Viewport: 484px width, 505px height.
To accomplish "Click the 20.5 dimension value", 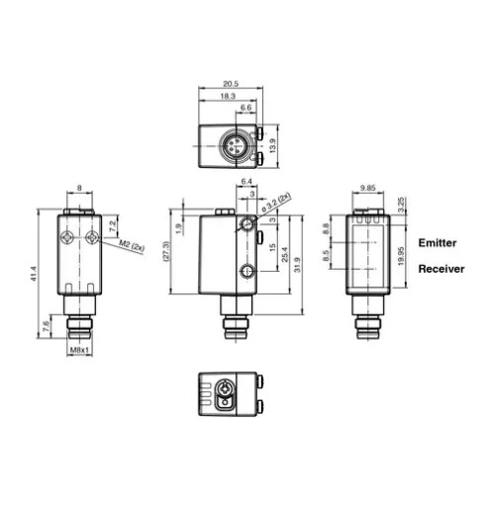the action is click(231, 84).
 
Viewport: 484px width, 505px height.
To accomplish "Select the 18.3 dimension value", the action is click(228, 96).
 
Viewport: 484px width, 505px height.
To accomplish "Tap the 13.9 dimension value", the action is click(272, 145).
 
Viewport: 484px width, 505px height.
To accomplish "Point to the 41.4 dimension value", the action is click(34, 274).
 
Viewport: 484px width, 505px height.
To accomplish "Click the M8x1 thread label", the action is click(79, 350).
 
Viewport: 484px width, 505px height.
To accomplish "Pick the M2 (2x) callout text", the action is click(132, 246).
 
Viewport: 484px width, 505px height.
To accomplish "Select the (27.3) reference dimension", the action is click(166, 252).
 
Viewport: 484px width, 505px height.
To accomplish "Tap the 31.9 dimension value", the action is click(298, 265).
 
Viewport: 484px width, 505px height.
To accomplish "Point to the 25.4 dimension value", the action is click(284, 254).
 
